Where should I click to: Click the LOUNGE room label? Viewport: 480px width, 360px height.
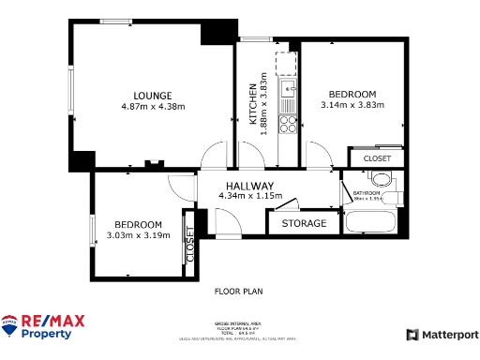[x=152, y=96]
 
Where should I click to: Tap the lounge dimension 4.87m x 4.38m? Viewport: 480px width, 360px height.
[x=153, y=107]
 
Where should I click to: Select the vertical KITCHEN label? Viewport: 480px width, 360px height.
[x=252, y=102]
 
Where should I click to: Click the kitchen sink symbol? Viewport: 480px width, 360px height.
[x=289, y=90]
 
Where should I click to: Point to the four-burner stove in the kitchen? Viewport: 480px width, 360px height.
[x=290, y=125]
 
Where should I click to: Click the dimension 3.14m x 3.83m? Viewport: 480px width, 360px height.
[x=352, y=105]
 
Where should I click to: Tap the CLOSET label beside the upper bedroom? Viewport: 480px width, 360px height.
[x=376, y=158]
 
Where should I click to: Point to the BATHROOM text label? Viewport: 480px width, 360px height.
[x=366, y=192]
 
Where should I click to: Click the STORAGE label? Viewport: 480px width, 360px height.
[x=304, y=223]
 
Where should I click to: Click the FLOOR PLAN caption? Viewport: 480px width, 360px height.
[x=239, y=292]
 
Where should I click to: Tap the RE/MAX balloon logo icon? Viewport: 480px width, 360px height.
[x=10, y=326]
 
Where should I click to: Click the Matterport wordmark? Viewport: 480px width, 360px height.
[x=448, y=335]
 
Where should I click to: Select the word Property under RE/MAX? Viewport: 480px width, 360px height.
[x=47, y=334]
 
